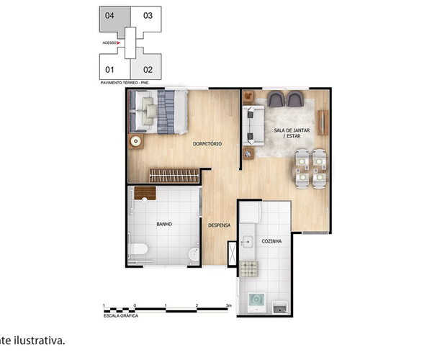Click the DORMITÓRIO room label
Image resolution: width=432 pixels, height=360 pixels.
click(207, 144)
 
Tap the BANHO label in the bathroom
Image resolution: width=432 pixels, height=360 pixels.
click(163, 224)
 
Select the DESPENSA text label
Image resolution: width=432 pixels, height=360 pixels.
click(219, 225)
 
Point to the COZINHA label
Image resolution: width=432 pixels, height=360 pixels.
click(271, 241)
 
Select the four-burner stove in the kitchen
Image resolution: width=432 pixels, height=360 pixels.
click(249, 269)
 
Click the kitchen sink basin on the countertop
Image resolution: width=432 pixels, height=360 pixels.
click(248, 242)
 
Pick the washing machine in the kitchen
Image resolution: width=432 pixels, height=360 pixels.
click(256, 302)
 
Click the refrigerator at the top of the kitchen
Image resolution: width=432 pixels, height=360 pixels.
click(251, 212)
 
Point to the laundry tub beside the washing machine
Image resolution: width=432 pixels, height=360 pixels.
click(282, 308)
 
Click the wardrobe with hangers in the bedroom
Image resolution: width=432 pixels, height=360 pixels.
click(173, 175)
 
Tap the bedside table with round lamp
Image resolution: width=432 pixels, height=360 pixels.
click(136, 141)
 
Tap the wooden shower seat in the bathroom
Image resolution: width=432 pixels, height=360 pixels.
click(145, 193)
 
